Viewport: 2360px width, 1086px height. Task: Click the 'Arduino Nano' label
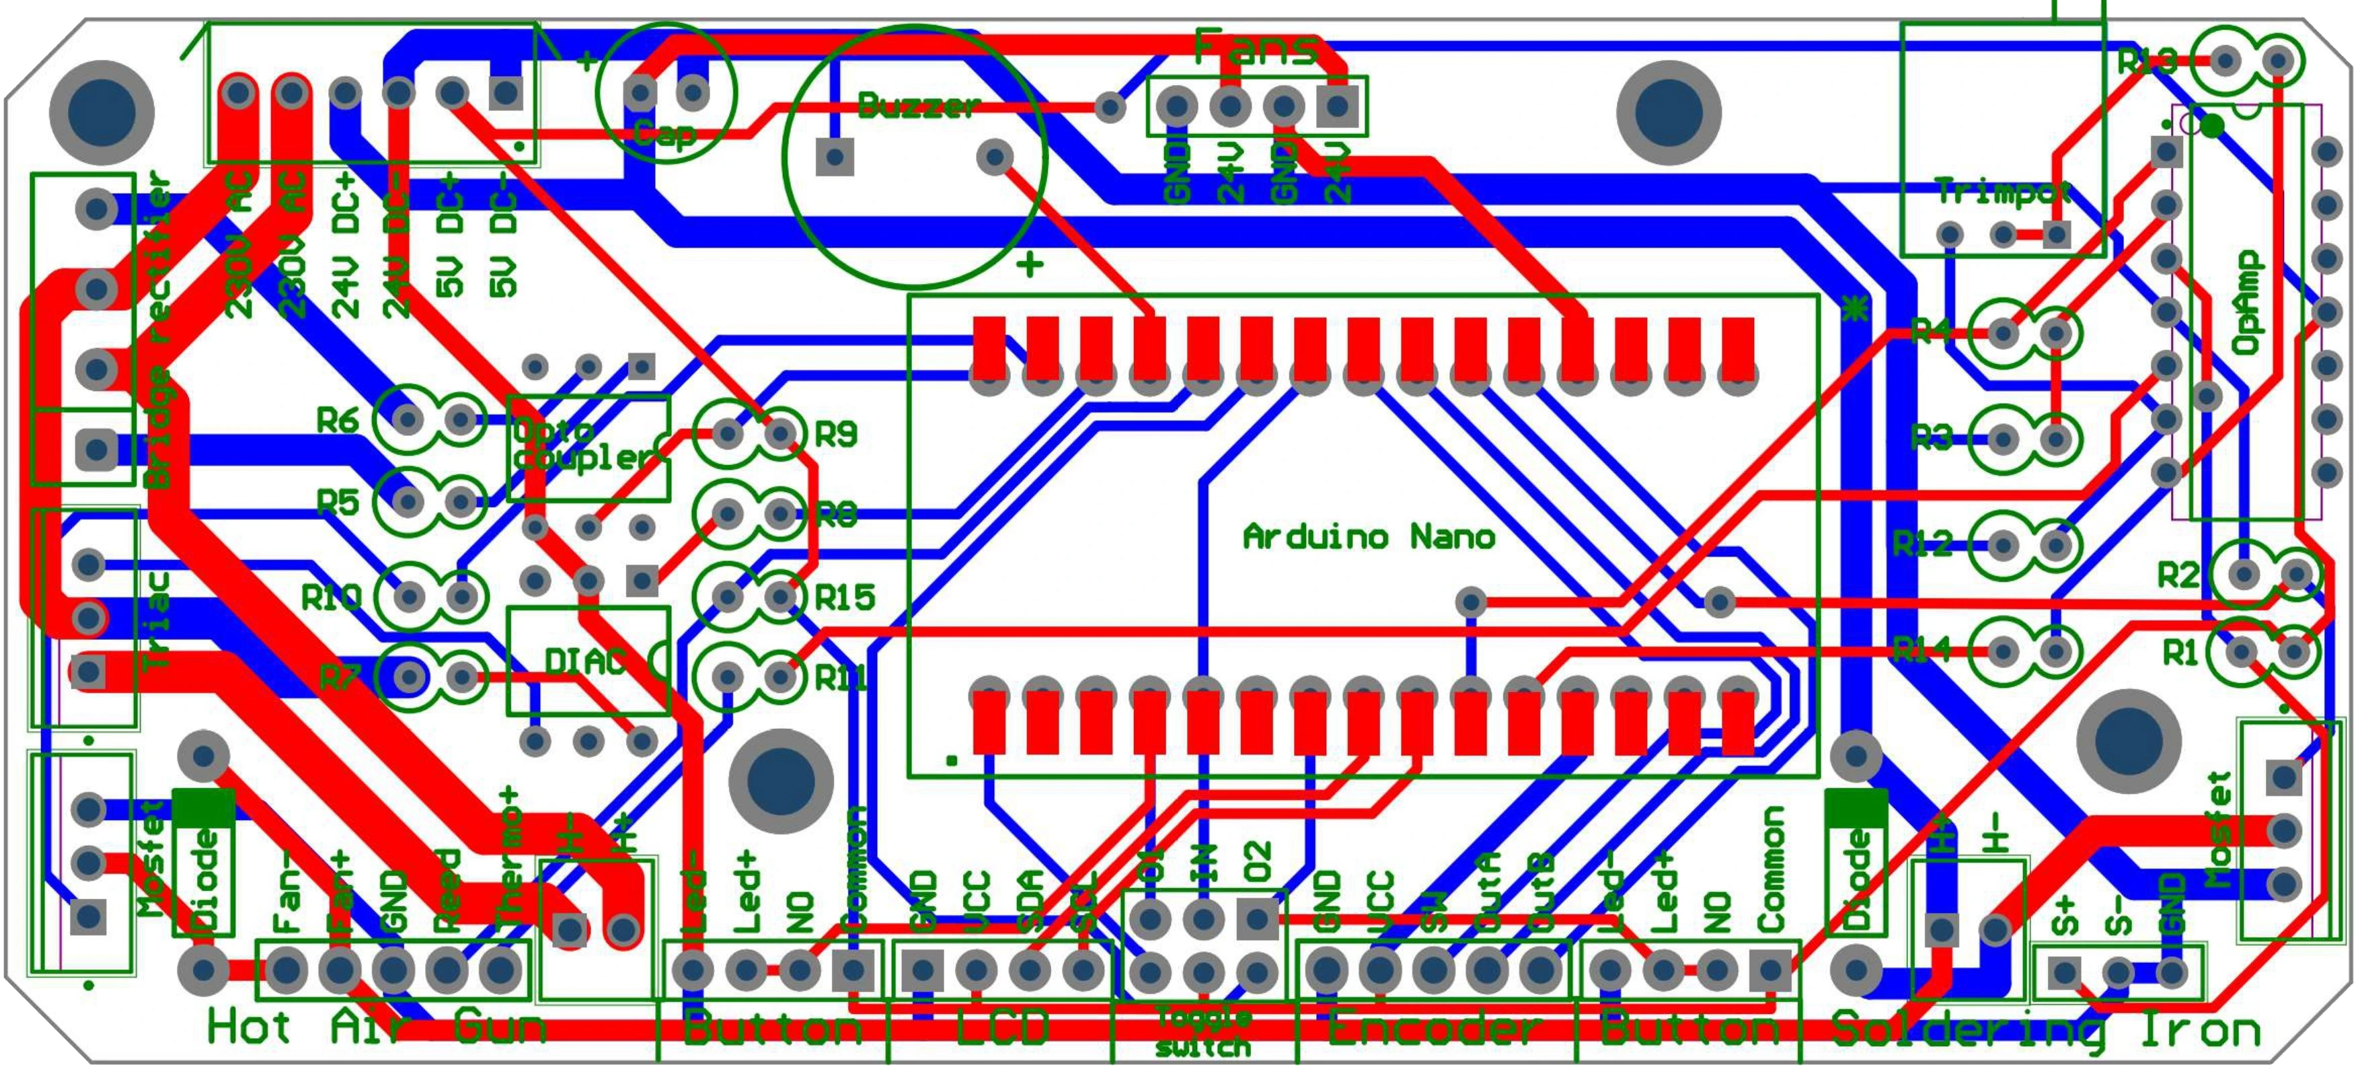pos(1369,536)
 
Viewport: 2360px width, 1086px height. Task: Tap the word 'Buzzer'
pos(919,106)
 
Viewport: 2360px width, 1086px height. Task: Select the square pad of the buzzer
pos(834,157)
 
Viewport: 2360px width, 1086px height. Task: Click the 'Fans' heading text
pos(1258,48)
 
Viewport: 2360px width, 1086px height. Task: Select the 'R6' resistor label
pos(338,421)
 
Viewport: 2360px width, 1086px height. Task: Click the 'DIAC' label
pos(585,661)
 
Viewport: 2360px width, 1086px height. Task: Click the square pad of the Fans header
pos(1338,107)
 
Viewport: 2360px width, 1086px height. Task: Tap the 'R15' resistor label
pos(845,598)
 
